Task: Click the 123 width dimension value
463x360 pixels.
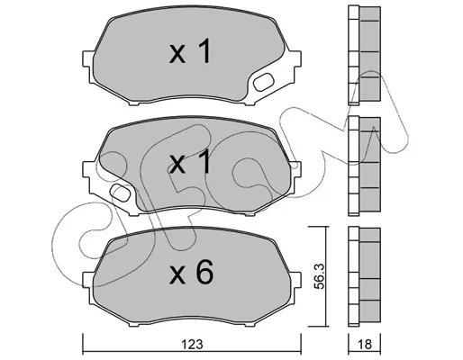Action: click(x=192, y=344)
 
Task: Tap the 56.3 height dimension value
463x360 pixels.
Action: click(x=320, y=276)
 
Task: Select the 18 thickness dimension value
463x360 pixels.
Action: click(x=365, y=344)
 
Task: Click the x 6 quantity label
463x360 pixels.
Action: click(x=191, y=272)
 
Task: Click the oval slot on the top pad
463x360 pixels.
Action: click(x=263, y=82)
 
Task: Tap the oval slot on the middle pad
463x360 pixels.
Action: click(x=120, y=193)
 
